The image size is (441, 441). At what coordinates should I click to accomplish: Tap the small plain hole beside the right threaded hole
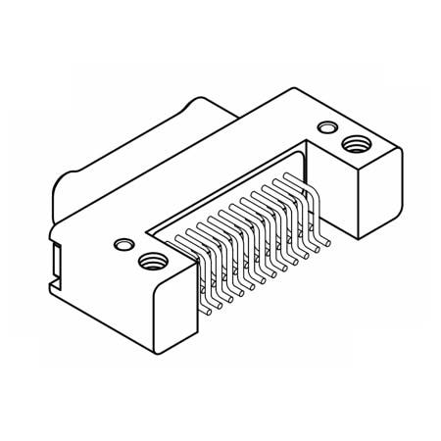click(323, 127)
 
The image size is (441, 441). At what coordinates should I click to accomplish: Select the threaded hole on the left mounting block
click(151, 261)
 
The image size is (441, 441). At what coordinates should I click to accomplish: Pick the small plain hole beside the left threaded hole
click(122, 242)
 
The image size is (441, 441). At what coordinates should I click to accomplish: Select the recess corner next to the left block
click(147, 231)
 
